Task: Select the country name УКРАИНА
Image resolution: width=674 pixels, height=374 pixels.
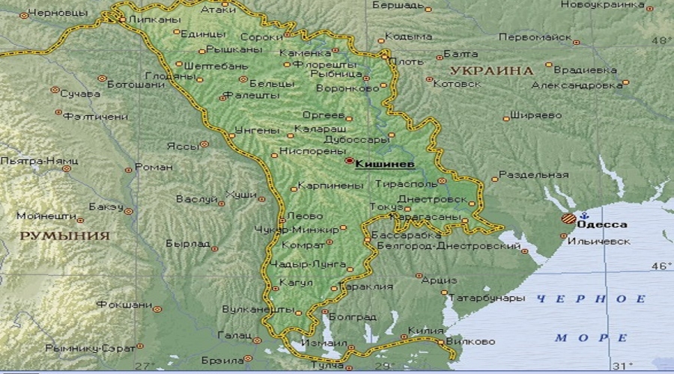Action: coord(491,70)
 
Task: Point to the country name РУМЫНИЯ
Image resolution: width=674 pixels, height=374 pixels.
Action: coord(64,235)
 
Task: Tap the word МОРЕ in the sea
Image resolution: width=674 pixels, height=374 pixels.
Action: coord(581,338)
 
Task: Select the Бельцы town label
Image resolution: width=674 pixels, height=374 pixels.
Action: coord(268,82)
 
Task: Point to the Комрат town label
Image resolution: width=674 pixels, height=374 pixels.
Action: coord(303,244)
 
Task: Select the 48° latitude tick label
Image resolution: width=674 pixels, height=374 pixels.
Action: coord(661,39)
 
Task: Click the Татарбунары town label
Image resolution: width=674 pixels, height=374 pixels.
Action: coord(486,298)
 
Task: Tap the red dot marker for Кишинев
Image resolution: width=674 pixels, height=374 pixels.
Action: coord(349,160)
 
